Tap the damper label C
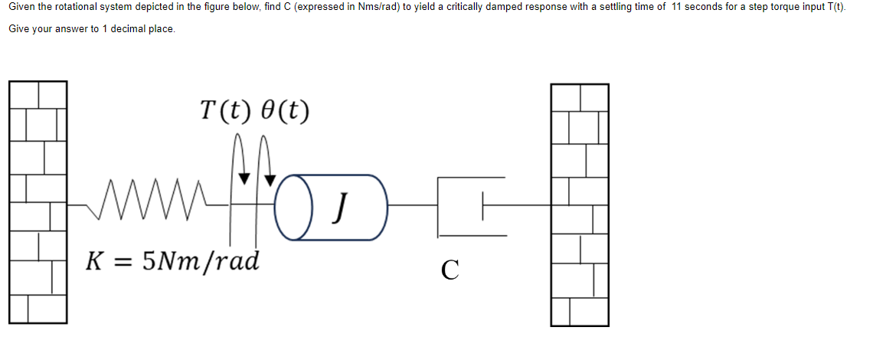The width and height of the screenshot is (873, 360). pyautogui.click(x=450, y=269)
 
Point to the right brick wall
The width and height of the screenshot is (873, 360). pyautogui.click(x=580, y=204)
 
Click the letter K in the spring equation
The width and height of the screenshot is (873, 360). pyautogui.click(x=96, y=261)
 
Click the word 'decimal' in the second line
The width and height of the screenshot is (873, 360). pyautogui.click(x=128, y=29)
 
